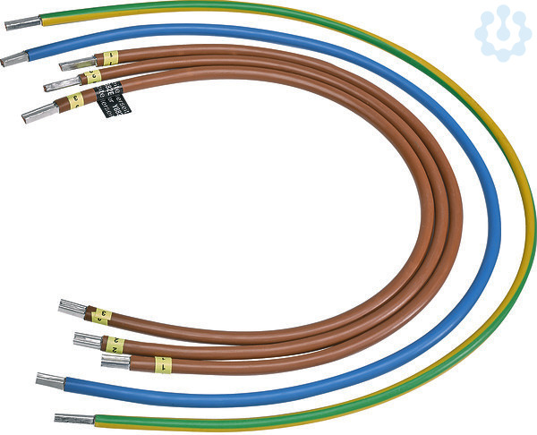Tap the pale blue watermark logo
502,33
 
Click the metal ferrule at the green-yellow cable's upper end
22,23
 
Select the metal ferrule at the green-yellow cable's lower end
74,418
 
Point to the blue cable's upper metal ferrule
14,59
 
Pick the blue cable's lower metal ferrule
50,380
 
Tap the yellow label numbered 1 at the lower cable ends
162,364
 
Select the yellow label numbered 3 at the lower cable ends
102,317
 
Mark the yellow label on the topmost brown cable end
110,58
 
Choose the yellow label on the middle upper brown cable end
93,77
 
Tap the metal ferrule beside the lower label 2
88,340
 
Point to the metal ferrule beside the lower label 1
115,362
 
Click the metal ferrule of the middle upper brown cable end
62,84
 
